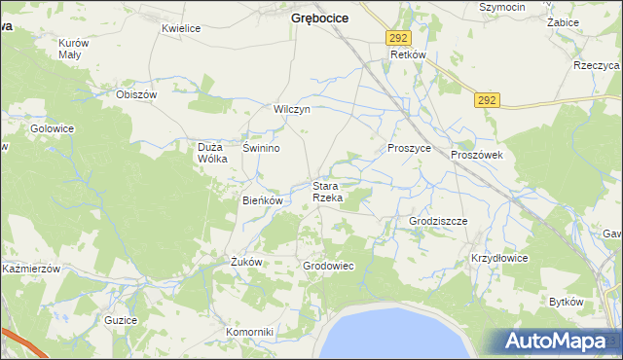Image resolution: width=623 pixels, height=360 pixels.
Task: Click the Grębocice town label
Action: (320, 18)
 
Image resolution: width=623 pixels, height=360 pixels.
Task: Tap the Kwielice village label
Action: (181, 29)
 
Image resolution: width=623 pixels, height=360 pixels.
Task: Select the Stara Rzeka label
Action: (327, 192)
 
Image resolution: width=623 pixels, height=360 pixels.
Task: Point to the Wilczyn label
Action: (292, 110)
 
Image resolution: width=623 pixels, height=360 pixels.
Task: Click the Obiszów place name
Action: (136, 94)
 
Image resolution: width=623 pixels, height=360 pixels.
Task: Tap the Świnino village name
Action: (262, 148)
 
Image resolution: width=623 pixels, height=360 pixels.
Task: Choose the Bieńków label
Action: (262, 200)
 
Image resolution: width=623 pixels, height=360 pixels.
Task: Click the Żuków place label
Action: (246, 262)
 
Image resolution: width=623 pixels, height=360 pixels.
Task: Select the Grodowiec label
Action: (328, 266)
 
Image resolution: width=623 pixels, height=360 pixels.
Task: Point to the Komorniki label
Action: (250, 332)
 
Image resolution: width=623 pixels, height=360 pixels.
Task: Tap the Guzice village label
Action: (121, 319)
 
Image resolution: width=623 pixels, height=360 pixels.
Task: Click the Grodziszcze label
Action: (438, 221)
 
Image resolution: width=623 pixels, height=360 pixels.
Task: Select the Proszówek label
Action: (476, 155)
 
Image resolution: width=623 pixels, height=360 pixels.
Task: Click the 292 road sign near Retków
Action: (396, 37)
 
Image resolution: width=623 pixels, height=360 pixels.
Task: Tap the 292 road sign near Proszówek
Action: (488, 99)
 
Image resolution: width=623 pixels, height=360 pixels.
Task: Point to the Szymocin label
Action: (503, 7)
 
